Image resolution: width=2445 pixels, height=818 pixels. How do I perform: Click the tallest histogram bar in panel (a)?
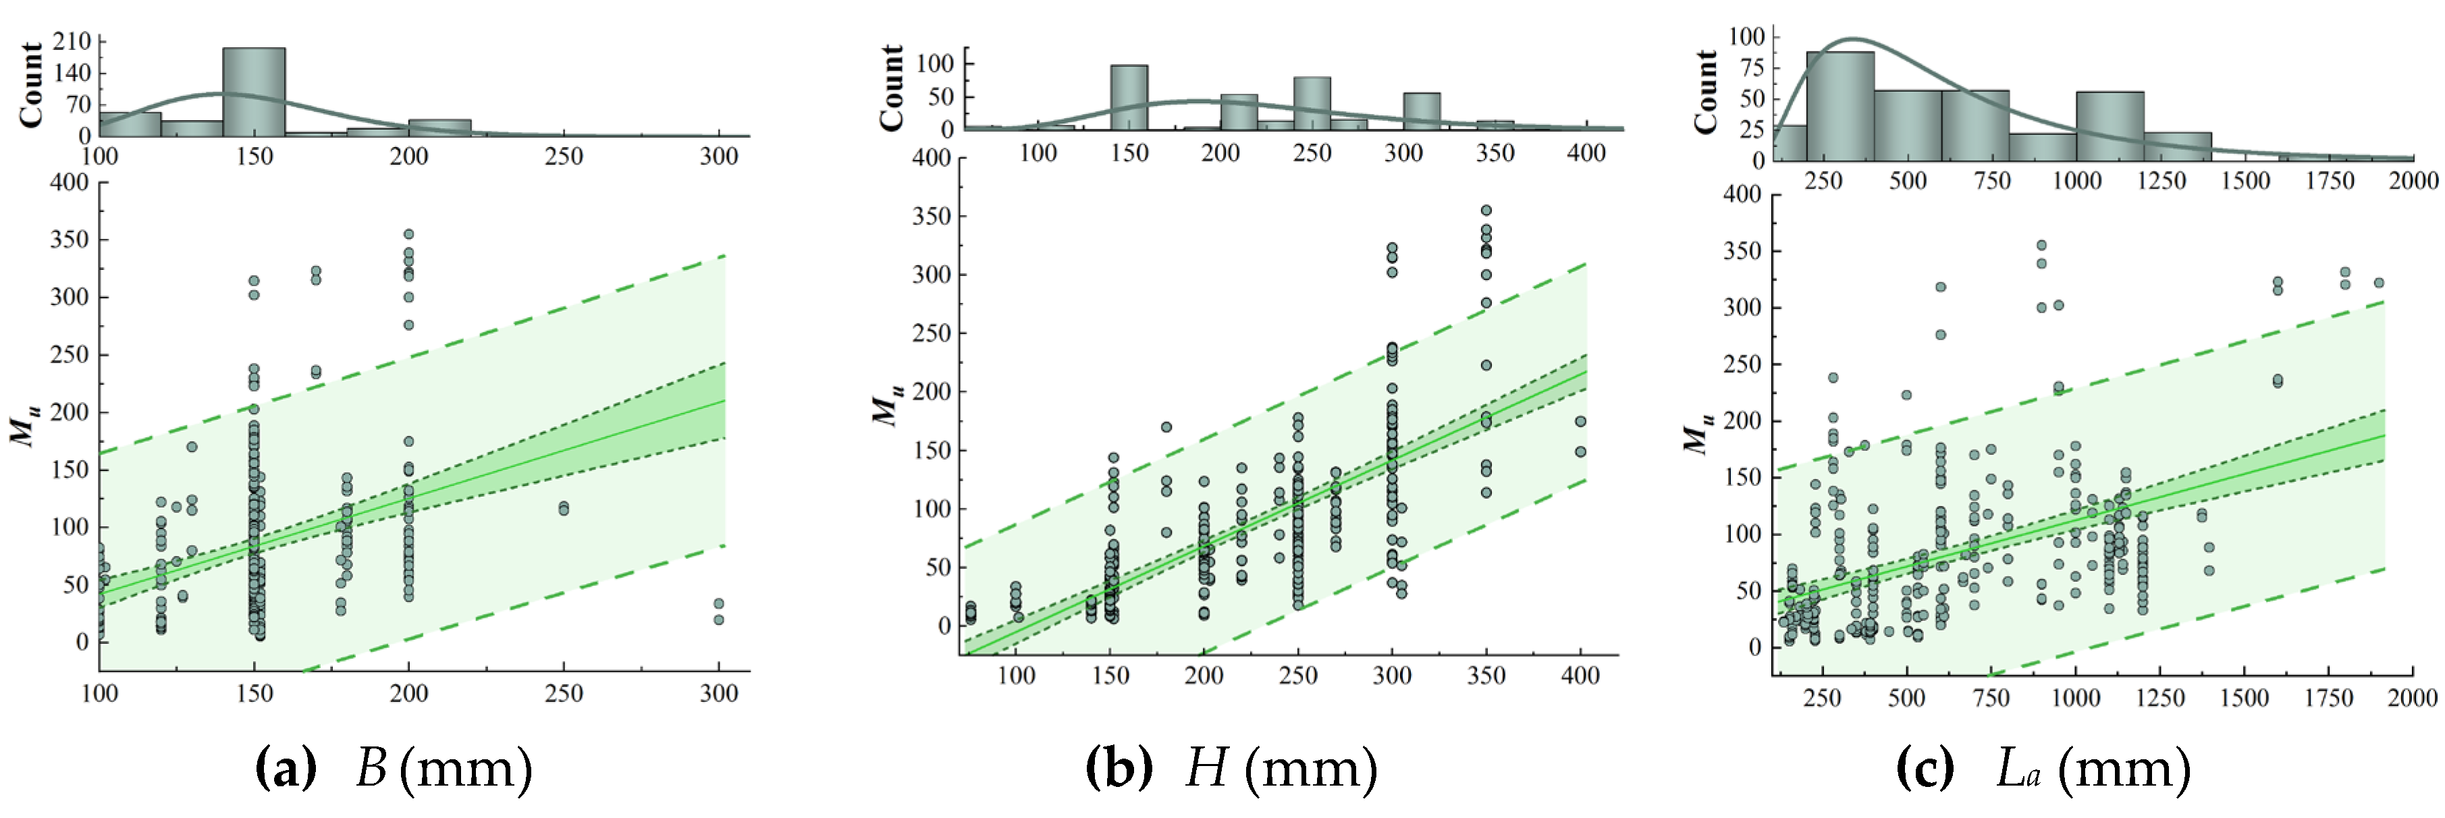pyautogui.click(x=253, y=91)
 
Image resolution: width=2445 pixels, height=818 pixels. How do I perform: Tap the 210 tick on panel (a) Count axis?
pyautogui.click(x=72, y=40)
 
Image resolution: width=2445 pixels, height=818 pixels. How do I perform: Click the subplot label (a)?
pyautogui.click(x=286, y=769)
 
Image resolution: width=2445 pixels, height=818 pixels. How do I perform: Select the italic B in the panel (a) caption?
pyautogui.click(x=371, y=769)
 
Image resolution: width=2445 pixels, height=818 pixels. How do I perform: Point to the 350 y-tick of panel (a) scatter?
pyautogui.click(x=68, y=239)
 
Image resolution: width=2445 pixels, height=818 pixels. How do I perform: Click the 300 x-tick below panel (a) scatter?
pyautogui.click(x=718, y=694)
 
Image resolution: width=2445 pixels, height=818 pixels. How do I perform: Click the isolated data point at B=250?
pyautogui.click(x=564, y=509)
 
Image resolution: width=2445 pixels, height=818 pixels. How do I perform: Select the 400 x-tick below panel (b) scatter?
pyautogui.click(x=1580, y=676)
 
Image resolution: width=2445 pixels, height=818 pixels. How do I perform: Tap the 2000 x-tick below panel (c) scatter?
pyautogui.click(x=2412, y=699)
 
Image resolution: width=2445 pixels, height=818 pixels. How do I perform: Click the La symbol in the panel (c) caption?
pyautogui.click(x=2019, y=769)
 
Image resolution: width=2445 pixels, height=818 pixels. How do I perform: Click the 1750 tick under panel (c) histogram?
pyautogui.click(x=2329, y=180)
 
